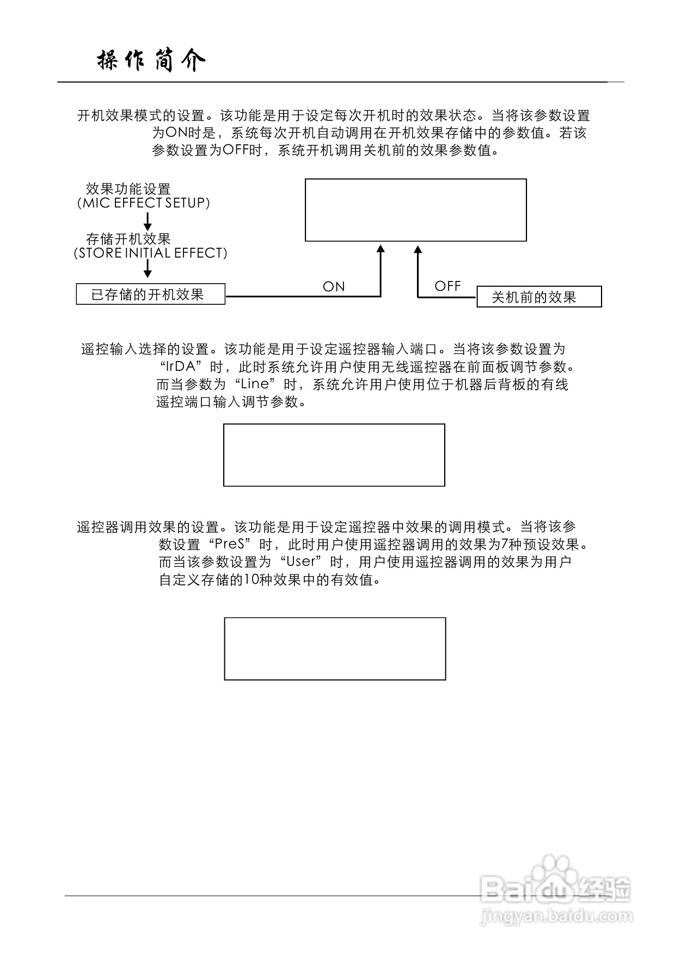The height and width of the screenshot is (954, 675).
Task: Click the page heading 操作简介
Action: tap(151, 61)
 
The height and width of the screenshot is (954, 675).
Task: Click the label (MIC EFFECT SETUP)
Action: tap(143, 203)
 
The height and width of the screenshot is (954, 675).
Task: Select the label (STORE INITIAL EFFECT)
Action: tap(151, 253)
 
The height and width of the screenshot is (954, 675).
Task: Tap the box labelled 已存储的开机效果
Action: tap(150, 295)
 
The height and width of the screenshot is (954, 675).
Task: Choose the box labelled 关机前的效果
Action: tap(539, 297)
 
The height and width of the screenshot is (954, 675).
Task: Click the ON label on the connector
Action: tap(334, 287)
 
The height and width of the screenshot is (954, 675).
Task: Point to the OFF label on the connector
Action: tap(447, 286)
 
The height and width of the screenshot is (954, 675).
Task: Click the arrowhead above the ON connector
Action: tap(381, 249)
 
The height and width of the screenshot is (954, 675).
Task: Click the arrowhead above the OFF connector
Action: tap(418, 249)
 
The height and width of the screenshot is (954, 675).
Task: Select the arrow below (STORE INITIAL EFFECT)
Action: tap(148, 270)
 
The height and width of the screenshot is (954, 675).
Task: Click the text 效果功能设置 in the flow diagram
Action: tap(128, 189)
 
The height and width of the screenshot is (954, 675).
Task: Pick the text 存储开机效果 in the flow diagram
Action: tap(128, 239)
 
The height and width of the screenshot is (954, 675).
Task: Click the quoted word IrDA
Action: tap(181, 366)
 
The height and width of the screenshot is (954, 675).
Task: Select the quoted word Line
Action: tap(255, 384)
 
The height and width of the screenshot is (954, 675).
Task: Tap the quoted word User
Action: tap(301, 561)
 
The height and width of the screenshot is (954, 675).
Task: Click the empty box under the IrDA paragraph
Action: tap(334, 455)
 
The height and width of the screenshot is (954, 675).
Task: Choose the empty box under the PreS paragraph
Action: tap(335, 649)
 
